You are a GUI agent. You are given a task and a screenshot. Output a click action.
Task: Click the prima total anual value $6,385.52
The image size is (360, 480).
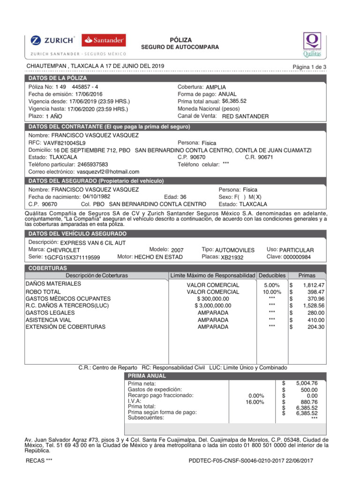[x=234, y=101]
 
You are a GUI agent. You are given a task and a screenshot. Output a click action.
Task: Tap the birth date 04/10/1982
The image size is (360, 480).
[x=96, y=197]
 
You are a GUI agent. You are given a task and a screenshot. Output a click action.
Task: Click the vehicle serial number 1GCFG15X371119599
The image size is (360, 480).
[x=72, y=257]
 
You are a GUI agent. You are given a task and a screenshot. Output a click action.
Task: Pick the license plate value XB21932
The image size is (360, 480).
[x=232, y=257]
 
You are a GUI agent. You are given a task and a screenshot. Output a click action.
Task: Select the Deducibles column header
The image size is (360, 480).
[x=271, y=275]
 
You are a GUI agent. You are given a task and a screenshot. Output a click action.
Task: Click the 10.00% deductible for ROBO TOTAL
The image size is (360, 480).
[x=272, y=292]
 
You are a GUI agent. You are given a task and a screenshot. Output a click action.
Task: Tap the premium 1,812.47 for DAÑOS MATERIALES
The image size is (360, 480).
[x=314, y=285]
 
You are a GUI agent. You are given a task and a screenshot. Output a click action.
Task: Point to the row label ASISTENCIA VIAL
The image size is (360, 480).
[x=48, y=320]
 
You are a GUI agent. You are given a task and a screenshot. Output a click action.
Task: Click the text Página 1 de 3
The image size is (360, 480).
[x=309, y=67]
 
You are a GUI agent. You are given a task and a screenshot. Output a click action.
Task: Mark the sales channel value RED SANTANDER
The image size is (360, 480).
[x=245, y=116]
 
